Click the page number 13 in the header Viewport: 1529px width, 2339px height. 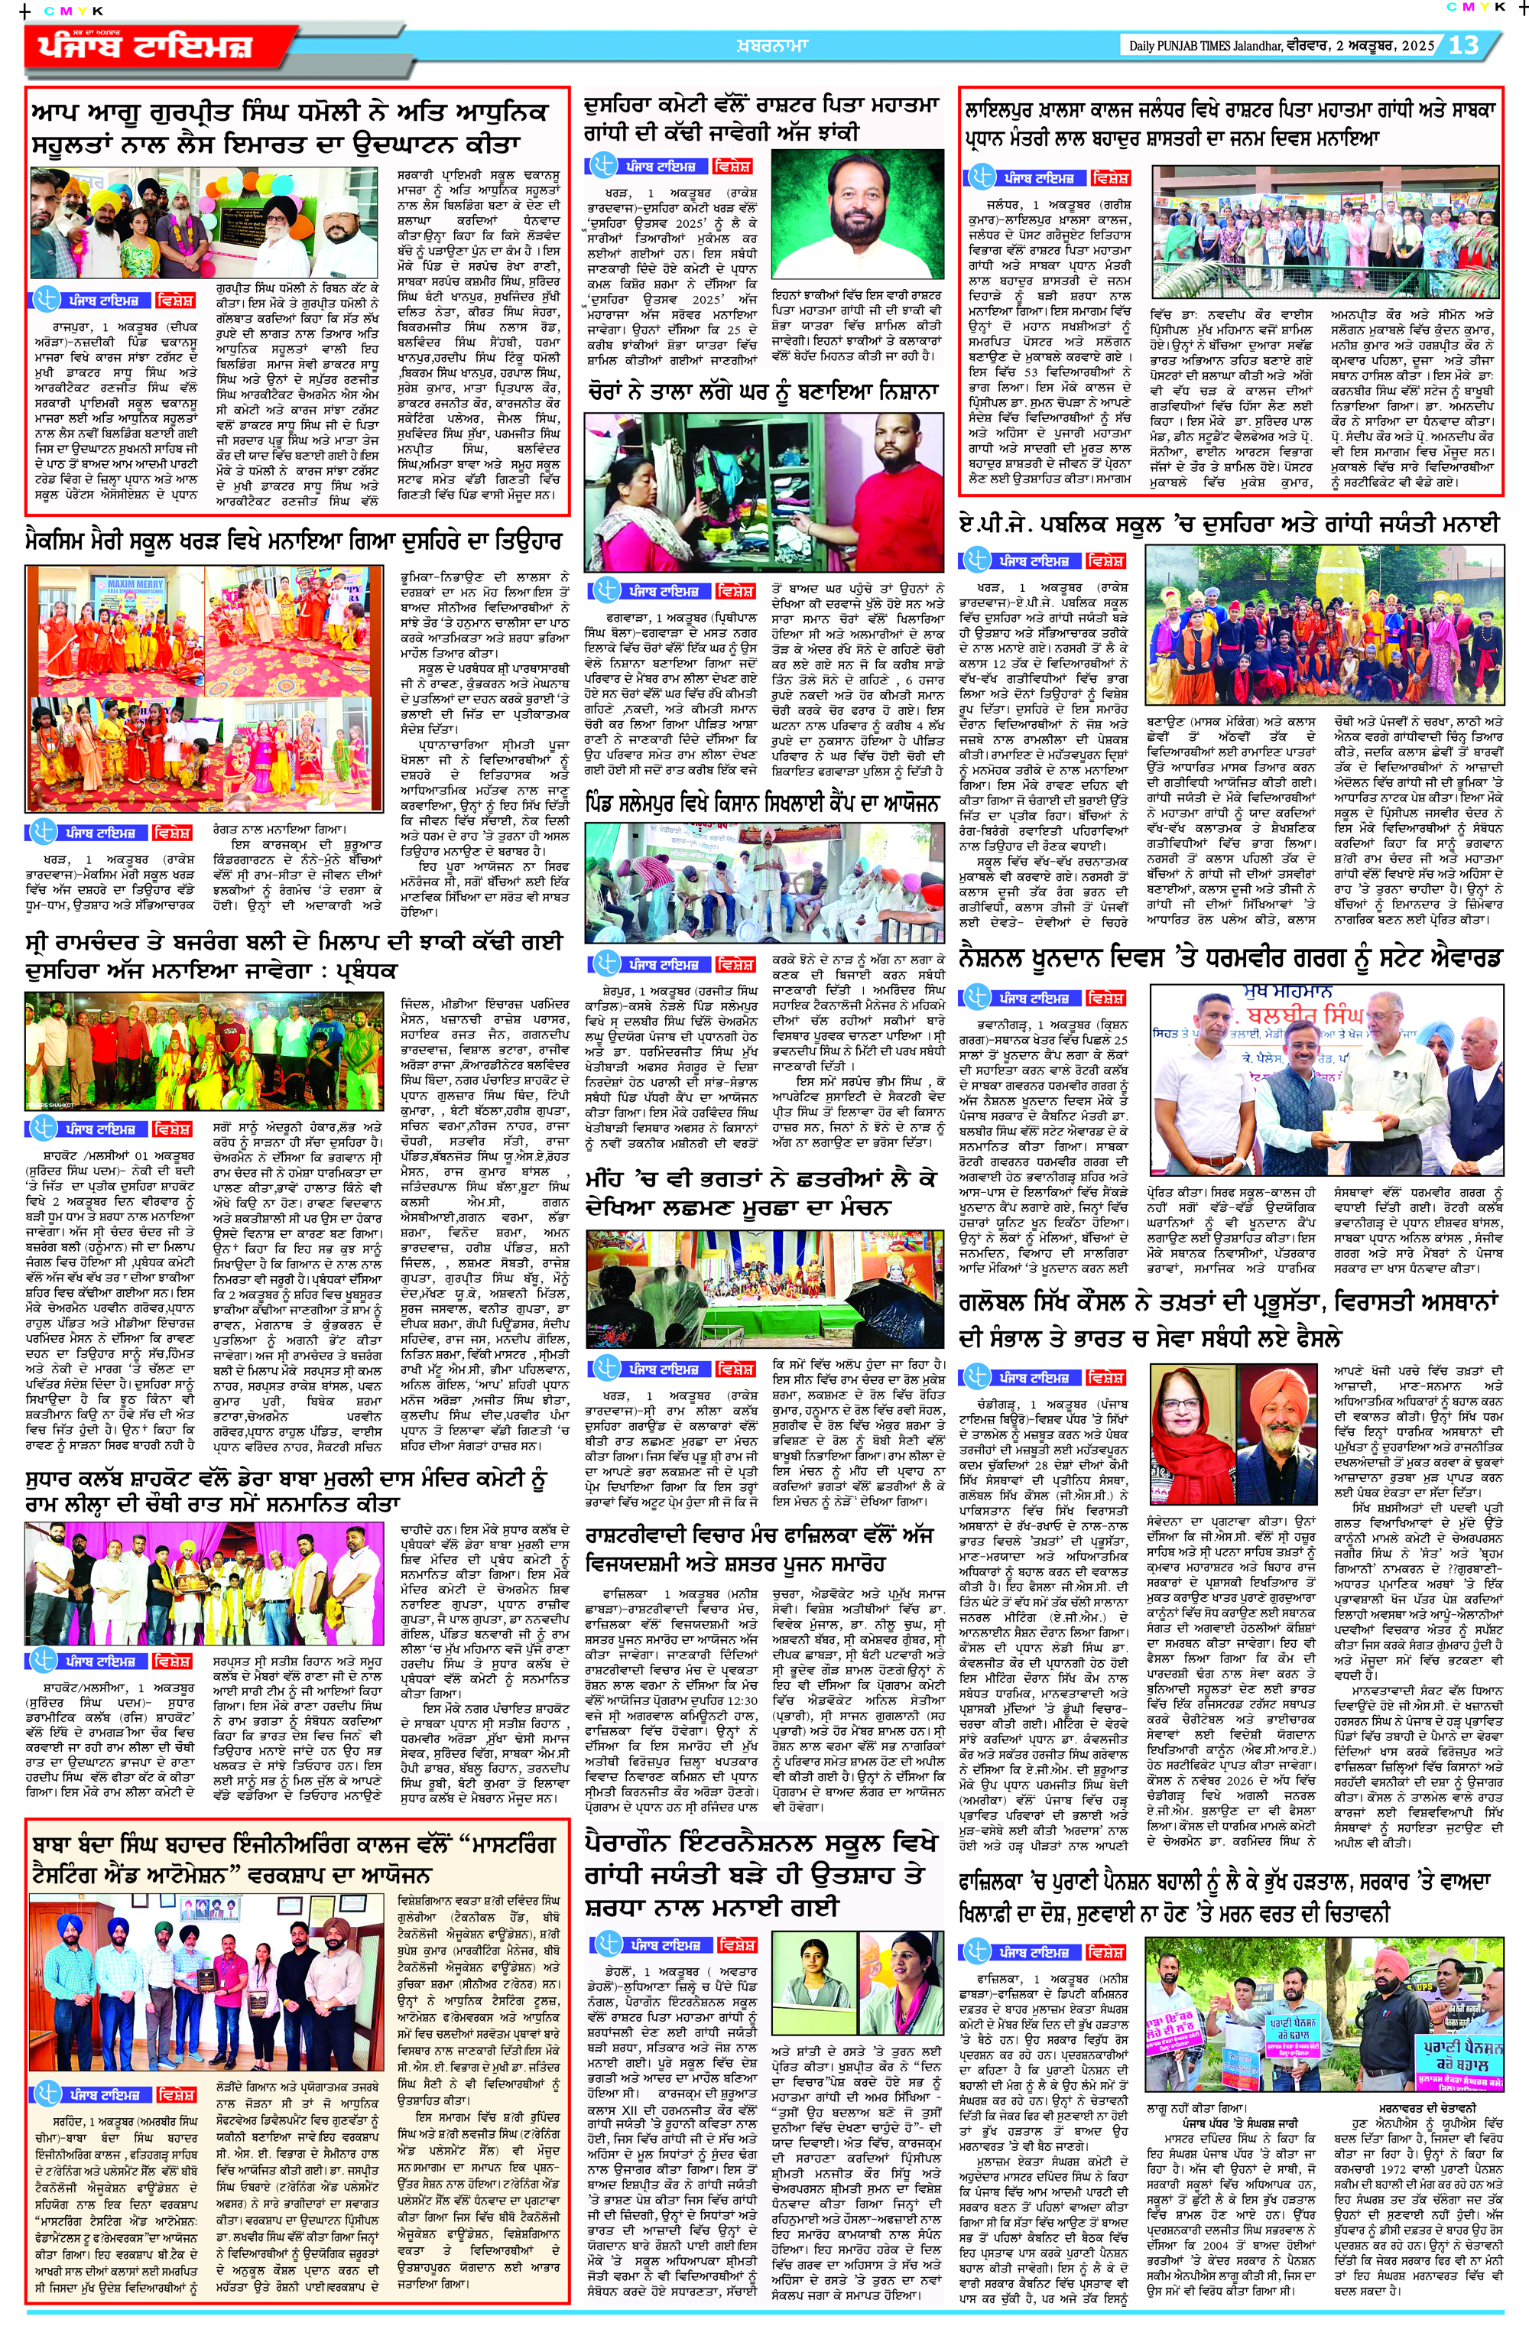1463,44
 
